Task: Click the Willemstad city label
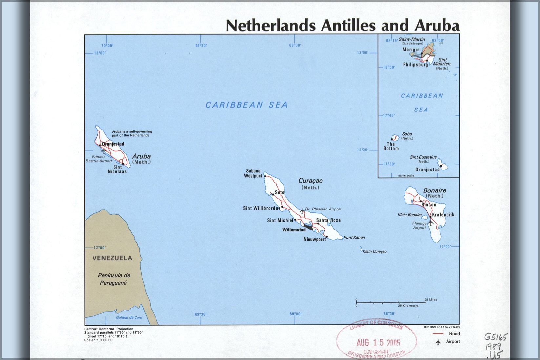coord(294,230)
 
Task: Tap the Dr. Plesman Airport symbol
coord(302,211)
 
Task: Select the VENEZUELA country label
coord(112,258)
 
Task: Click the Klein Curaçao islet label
coord(375,251)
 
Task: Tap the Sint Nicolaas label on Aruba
coord(117,169)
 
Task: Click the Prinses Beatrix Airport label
coord(99,159)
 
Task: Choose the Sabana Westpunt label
coord(253,173)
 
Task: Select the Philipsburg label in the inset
coord(415,65)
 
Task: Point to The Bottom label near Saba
coord(391,146)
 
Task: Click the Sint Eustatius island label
coord(423,157)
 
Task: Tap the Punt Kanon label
coord(354,237)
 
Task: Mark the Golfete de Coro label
coord(129,317)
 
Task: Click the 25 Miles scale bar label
coord(430,299)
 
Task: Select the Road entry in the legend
coord(454,334)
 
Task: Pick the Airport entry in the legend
coord(453,341)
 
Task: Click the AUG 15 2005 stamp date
coord(378,343)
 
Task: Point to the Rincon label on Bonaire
coord(429,205)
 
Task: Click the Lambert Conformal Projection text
coord(109,329)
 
